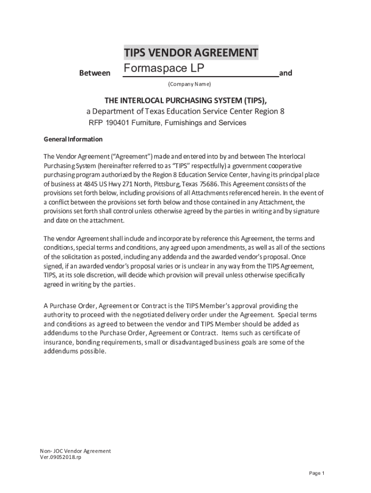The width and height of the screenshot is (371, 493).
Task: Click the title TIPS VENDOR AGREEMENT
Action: (191, 52)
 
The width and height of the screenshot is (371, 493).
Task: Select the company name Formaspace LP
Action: (164, 69)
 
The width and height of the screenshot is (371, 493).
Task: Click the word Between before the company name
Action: (94, 74)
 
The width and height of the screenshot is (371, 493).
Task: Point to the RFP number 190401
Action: (119, 123)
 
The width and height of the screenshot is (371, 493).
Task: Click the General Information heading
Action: (73, 139)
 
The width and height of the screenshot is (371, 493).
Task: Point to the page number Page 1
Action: (317, 473)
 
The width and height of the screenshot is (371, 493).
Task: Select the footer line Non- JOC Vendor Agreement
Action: (76, 451)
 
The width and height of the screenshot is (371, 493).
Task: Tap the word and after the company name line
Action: (286, 73)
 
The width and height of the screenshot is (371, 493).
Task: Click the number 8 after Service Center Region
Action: (282, 111)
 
